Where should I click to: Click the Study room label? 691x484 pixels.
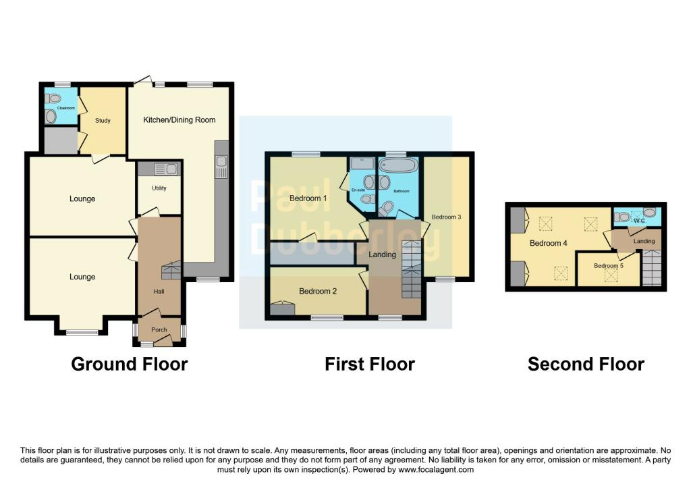103,120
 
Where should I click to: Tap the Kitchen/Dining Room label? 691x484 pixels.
179,119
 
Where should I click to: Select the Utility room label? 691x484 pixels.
159,188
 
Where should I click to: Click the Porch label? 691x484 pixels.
159,329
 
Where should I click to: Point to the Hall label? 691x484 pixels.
159,292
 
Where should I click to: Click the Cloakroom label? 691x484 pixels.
66,108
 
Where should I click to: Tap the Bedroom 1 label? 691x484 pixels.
308,198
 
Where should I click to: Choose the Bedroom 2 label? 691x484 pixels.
318,291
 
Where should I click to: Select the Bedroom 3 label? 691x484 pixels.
447,217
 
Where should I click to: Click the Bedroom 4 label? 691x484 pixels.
548,243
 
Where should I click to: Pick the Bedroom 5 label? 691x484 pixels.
609,266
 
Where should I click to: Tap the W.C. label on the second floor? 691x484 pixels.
640,221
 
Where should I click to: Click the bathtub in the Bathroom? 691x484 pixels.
398,165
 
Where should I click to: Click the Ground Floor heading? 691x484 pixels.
130,364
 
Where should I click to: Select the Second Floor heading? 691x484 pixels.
586,364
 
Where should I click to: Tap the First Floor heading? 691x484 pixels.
370,364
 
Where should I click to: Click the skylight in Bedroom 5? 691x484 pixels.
611,275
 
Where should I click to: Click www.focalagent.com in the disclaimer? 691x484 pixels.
436,469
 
